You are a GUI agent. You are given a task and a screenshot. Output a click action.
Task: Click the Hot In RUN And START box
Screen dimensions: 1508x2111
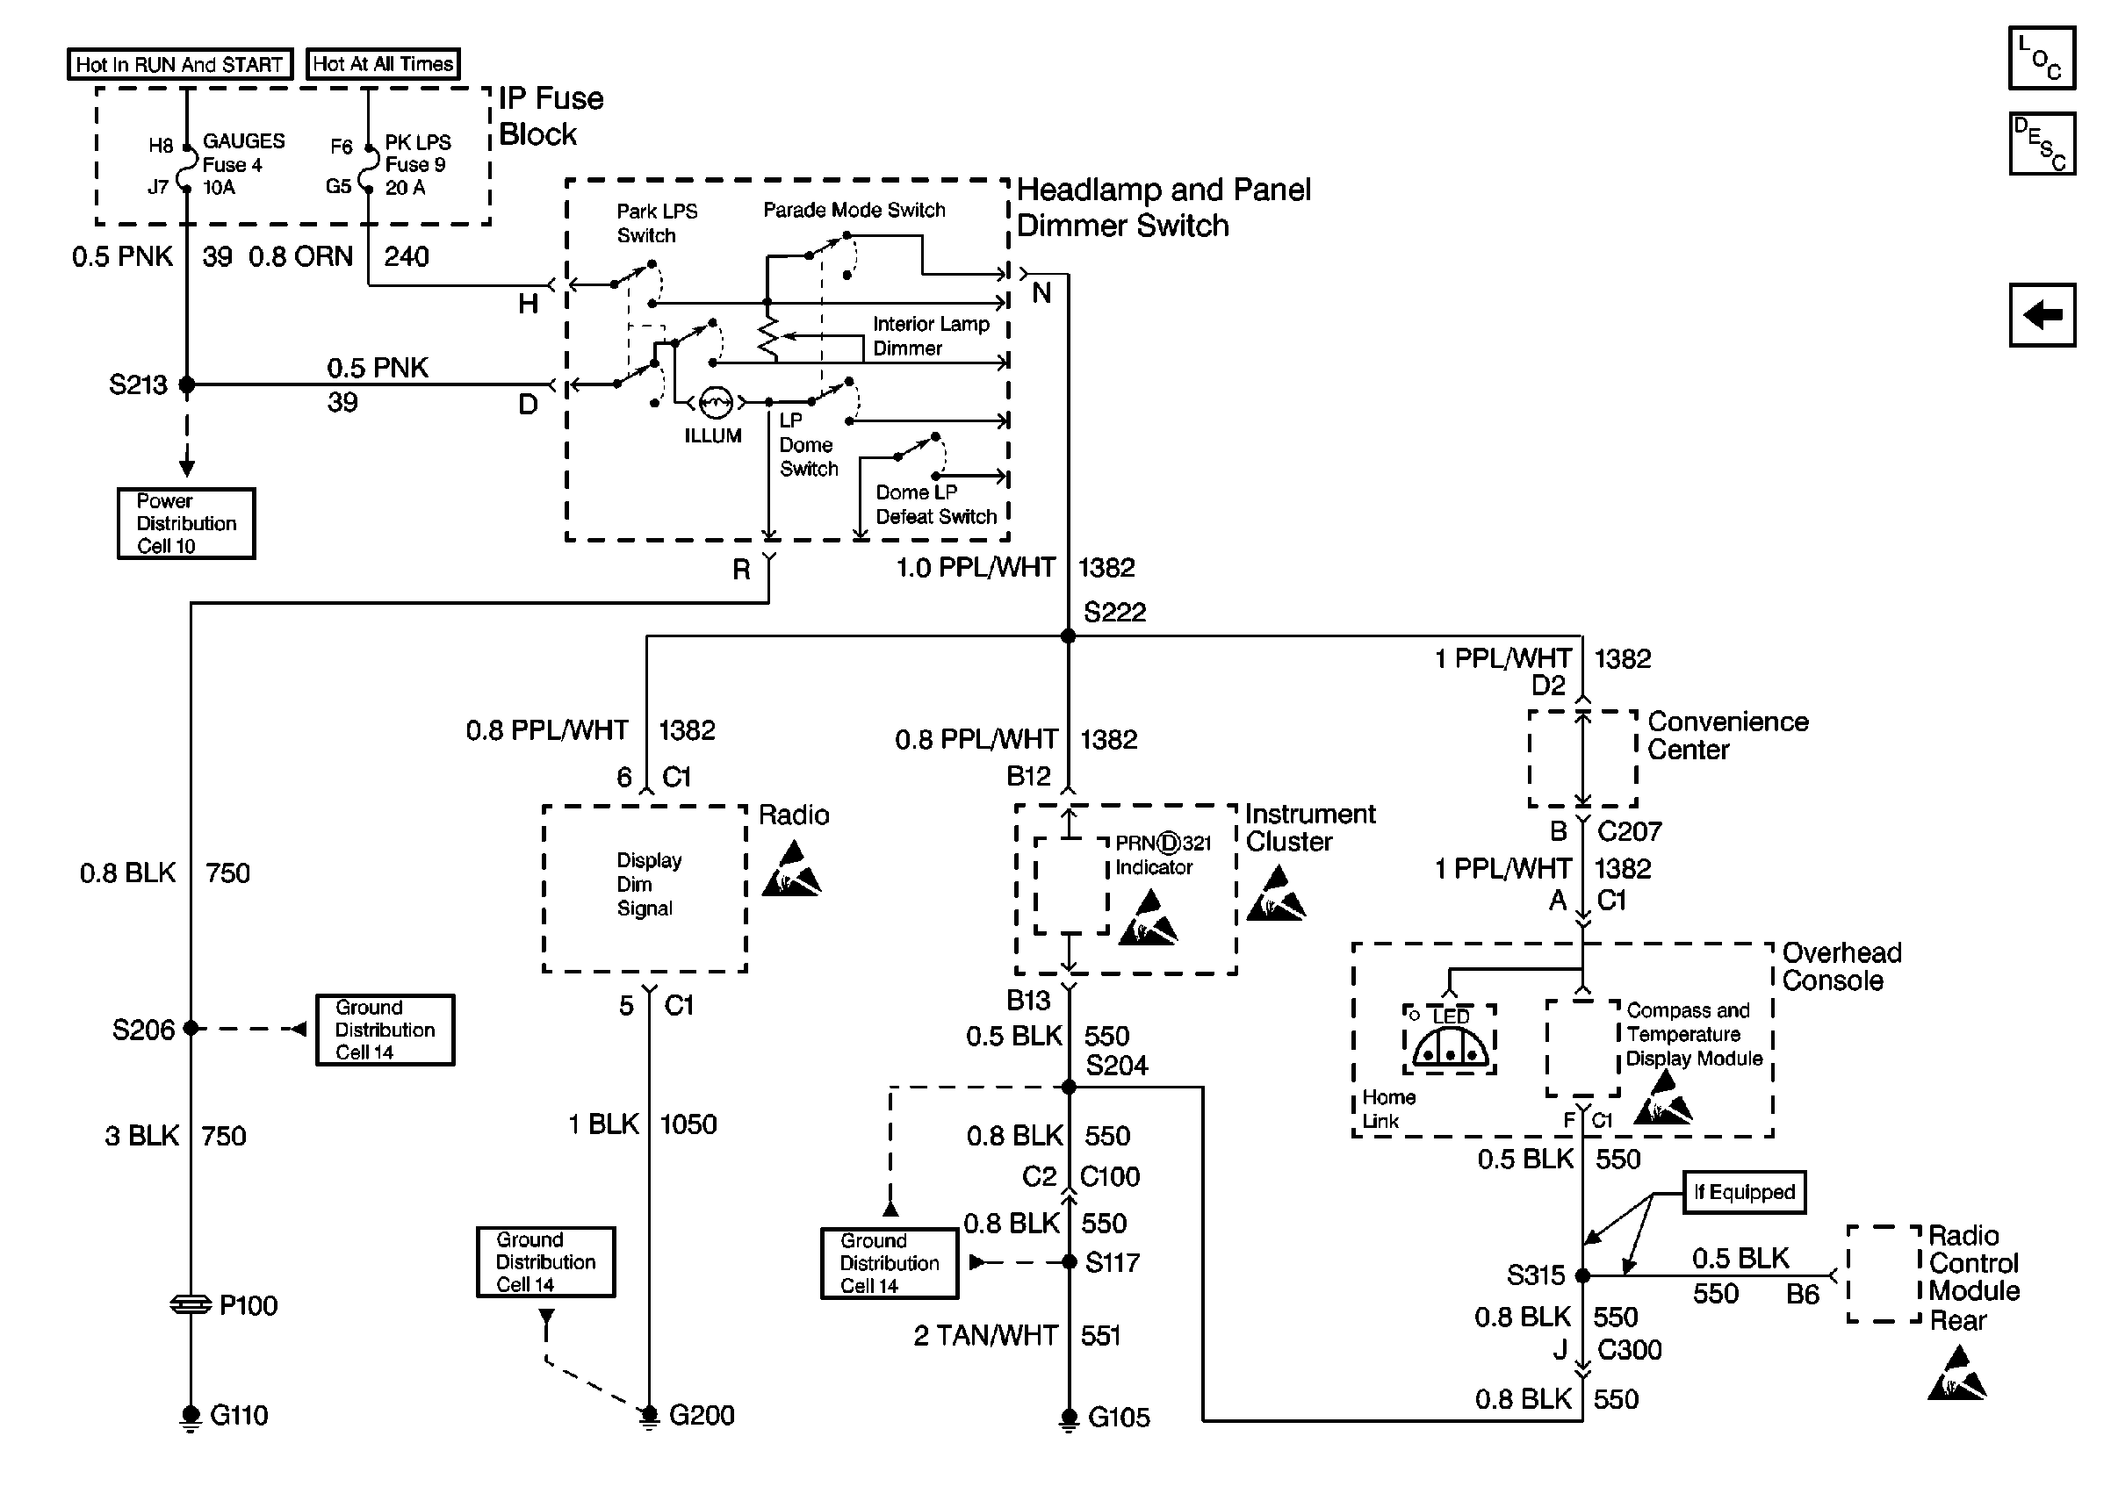point(180,64)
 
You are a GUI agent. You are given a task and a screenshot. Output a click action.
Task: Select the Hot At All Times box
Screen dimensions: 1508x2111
point(383,63)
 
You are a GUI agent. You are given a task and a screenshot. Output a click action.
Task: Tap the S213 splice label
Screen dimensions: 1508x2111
point(138,384)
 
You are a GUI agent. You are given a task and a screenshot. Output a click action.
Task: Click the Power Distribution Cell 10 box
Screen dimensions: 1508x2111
point(186,524)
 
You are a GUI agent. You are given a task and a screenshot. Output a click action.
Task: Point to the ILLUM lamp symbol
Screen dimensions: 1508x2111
point(715,402)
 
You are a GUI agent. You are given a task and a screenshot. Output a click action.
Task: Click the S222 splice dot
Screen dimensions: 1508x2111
point(1068,636)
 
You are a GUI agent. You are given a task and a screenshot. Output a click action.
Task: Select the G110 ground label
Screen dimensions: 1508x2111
point(239,1415)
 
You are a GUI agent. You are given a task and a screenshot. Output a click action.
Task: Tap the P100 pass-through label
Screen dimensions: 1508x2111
point(248,1305)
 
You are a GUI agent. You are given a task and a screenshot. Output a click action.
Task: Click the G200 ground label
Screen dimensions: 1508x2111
point(702,1415)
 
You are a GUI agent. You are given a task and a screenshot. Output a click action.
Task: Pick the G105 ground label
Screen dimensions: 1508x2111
point(1118,1417)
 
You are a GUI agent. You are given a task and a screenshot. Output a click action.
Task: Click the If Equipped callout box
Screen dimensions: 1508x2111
point(1744,1192)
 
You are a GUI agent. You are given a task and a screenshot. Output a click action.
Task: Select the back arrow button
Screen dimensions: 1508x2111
point(2042,315)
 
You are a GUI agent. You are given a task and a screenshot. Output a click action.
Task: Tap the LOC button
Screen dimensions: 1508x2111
point(2042,58)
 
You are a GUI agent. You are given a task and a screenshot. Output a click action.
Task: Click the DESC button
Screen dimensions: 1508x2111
point(2042,144)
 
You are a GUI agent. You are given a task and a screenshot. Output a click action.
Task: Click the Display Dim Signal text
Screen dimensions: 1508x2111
point(648,884)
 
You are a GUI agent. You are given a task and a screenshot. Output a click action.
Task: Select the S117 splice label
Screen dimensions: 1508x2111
point(1112,1262)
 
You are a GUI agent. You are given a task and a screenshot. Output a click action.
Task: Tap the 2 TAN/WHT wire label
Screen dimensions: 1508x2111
point(985,1335)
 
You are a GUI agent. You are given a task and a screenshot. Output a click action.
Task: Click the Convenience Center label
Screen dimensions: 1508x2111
point(1726,736)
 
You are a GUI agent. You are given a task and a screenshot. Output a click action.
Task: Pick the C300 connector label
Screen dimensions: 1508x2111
point(1629,1349)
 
